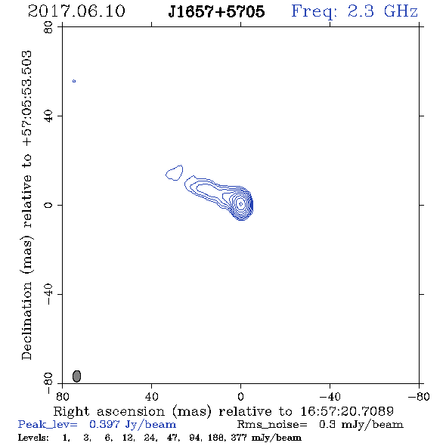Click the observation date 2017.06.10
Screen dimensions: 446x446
(x=76, y=11)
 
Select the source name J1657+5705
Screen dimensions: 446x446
(x=216, y=11)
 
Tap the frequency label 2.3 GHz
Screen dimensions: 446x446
(x=383, y=11)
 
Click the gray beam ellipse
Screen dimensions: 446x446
(x=77, y=376)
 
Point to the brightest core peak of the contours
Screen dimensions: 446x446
(x=240, y=204)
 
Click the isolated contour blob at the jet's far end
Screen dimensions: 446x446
(x=174, y=172)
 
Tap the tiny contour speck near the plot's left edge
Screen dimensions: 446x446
(x=74, y=81)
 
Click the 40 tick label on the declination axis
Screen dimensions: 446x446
(x=48, y=116)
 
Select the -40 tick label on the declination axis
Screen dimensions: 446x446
(x=48, y=294)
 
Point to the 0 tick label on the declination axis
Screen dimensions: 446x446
(x=48, y=205)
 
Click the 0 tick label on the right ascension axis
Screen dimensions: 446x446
(x=240, y=397)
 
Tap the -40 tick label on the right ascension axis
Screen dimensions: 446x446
(x=330, y=397)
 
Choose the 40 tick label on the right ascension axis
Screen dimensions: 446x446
(x=151, y=397)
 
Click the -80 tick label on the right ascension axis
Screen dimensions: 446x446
(x=419, y=397)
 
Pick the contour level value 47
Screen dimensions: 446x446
(x=172, y=437)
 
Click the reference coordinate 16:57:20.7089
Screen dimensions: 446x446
(x=347, y=411)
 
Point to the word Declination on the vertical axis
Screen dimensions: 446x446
(x=26, y=321)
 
